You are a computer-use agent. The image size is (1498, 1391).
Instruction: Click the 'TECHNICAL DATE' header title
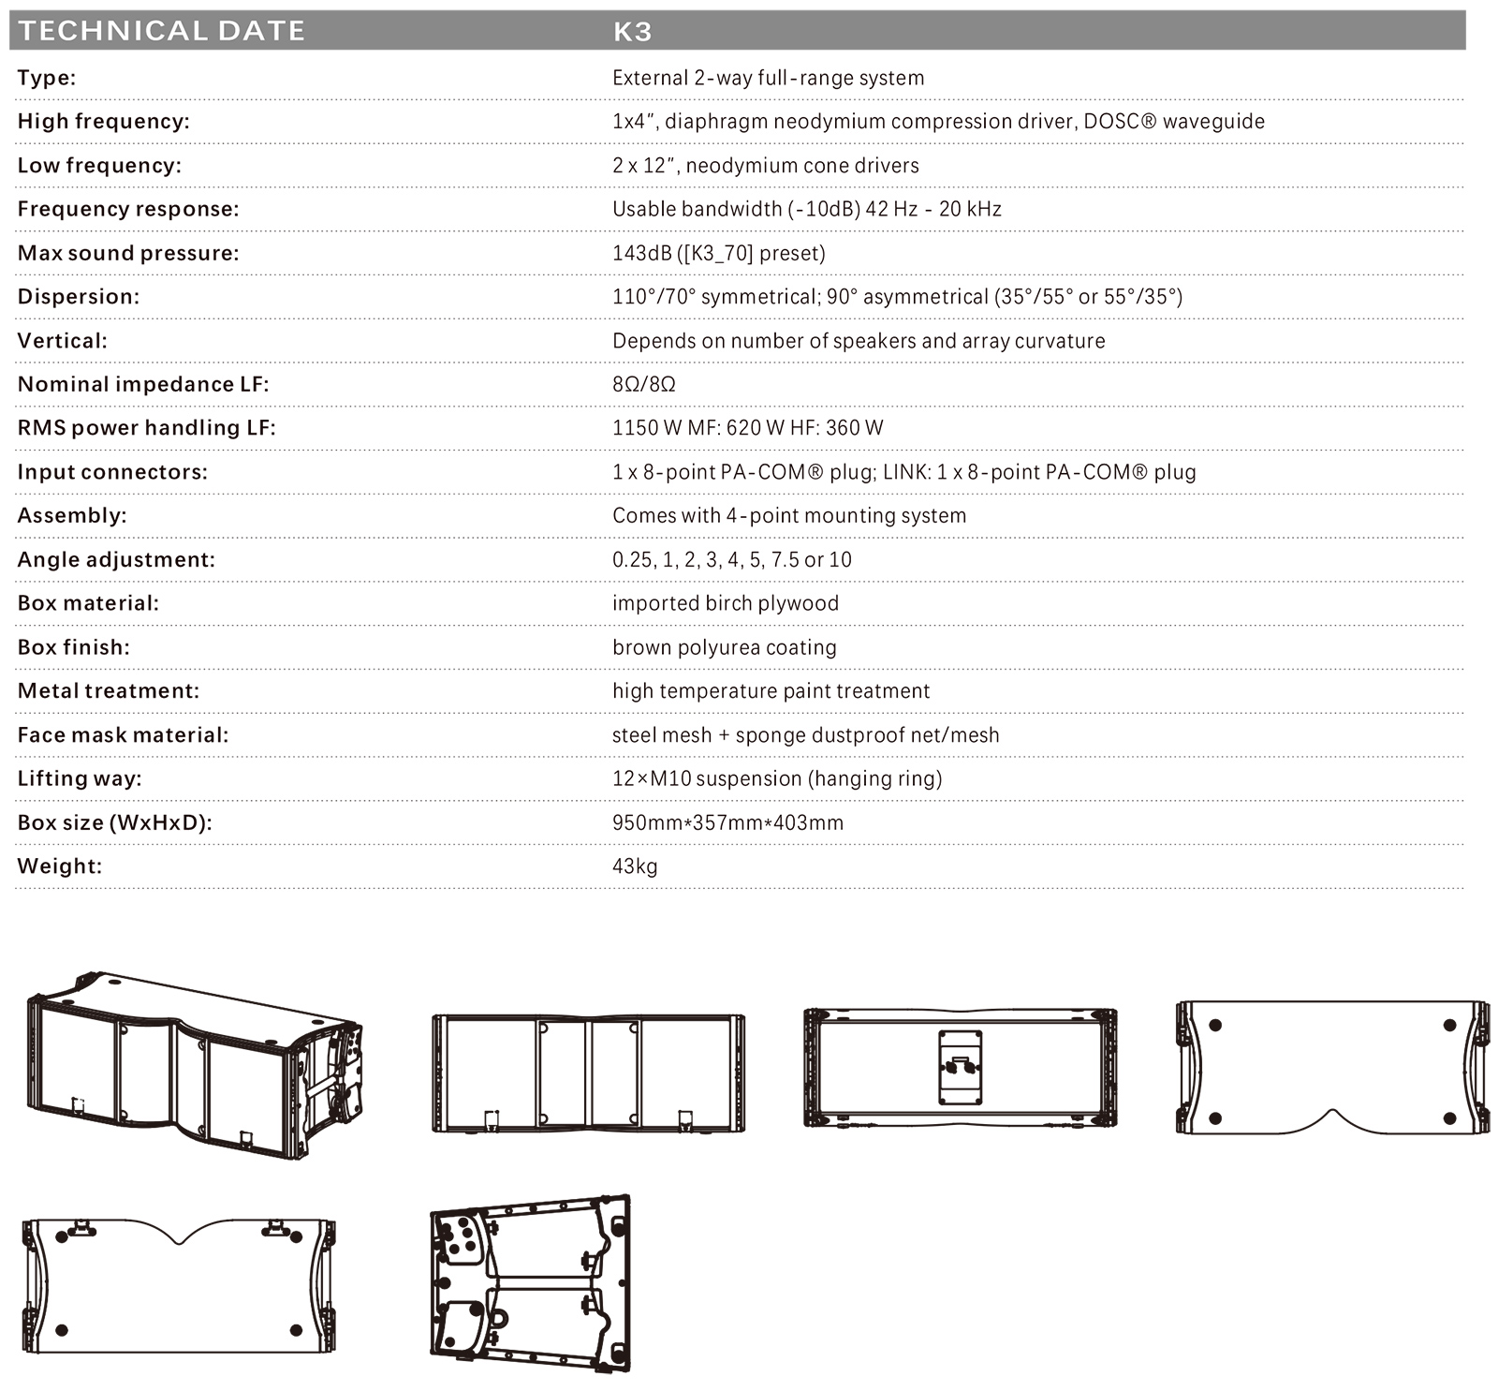pos(162,31)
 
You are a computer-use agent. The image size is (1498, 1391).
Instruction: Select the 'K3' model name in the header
pos(632,32)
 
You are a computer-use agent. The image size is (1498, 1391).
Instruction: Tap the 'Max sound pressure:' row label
pos(128,253)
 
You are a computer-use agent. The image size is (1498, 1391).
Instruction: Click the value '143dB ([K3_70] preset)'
pos(718,253)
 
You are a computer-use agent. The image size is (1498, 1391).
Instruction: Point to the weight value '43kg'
pos(635,866)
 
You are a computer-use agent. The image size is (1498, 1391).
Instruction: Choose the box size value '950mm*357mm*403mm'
pos(727,822)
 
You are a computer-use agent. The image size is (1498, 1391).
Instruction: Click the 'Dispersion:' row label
pos(79,297)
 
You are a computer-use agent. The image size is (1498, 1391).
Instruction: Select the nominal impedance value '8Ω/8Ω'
pos(643,384)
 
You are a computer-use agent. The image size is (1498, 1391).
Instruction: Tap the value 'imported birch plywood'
pos(726,603)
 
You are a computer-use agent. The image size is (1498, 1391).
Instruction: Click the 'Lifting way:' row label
pos(80,778)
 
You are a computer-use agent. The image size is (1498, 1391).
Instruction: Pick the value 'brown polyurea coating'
pos(724,647)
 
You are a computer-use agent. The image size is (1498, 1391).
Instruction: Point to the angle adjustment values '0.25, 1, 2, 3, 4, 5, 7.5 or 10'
pos(732,560)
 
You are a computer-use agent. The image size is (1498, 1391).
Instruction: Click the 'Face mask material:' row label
pos(123,735)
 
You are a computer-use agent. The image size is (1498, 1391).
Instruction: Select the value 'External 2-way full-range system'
pos(768,78)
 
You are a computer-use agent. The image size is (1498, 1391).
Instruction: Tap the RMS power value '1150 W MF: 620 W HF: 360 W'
pos(747,428)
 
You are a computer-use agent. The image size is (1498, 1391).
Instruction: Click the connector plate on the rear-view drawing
pos(960,1068)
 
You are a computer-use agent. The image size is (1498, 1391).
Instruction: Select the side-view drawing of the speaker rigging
pos(530,1282)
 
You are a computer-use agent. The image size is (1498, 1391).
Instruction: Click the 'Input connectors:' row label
pos(112,472)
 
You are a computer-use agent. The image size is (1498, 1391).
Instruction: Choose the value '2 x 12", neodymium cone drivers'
pos(765,166)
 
